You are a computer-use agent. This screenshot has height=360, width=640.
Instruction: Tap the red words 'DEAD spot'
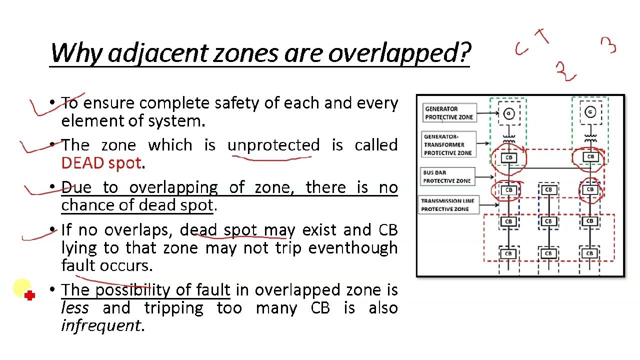coord(101,163)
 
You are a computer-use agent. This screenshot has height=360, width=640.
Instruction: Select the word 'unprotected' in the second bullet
coord(273,145)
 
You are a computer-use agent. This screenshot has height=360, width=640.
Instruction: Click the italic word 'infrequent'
coord(101,325)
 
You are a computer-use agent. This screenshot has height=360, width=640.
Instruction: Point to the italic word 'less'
coord(75,307)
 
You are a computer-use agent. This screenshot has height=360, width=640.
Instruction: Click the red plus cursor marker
coord(29,295)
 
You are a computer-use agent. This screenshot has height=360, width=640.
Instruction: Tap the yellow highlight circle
coord(22,287)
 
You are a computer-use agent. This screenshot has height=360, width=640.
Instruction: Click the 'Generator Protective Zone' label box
coord(449,113)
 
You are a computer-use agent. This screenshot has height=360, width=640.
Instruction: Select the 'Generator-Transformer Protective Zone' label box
coord(448,144)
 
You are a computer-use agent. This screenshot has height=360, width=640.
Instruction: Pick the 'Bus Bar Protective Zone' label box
coord(447,176)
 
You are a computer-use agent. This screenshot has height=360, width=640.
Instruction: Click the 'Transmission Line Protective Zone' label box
coord(448,205)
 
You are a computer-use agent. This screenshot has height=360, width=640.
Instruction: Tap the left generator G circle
coord(508,113)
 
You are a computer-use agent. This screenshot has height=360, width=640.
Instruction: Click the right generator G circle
coord(590,112)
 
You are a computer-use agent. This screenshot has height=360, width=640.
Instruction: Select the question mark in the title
coord(465,52)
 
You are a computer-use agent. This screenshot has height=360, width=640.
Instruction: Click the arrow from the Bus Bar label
coord(484,177)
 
